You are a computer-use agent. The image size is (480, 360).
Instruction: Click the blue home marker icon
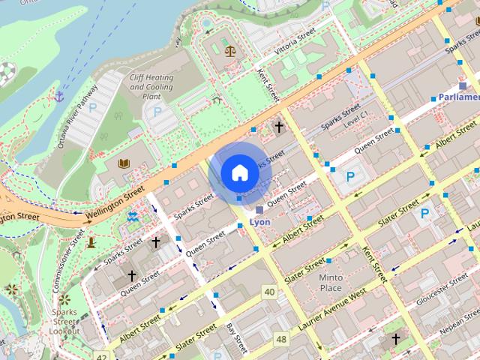tap(238, 172)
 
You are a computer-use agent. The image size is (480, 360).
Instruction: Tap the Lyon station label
tap(259, 222)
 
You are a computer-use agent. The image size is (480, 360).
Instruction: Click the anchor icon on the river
tap(58, 96)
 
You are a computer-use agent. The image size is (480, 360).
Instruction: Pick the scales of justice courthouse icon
tap(229, 52)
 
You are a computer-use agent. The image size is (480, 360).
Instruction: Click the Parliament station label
tap(459, 97)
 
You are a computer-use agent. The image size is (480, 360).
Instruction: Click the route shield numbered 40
tap(268, 291)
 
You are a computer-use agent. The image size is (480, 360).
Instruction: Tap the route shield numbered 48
tap(281, 340)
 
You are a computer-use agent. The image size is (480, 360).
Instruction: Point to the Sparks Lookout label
tap(64, 321)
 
